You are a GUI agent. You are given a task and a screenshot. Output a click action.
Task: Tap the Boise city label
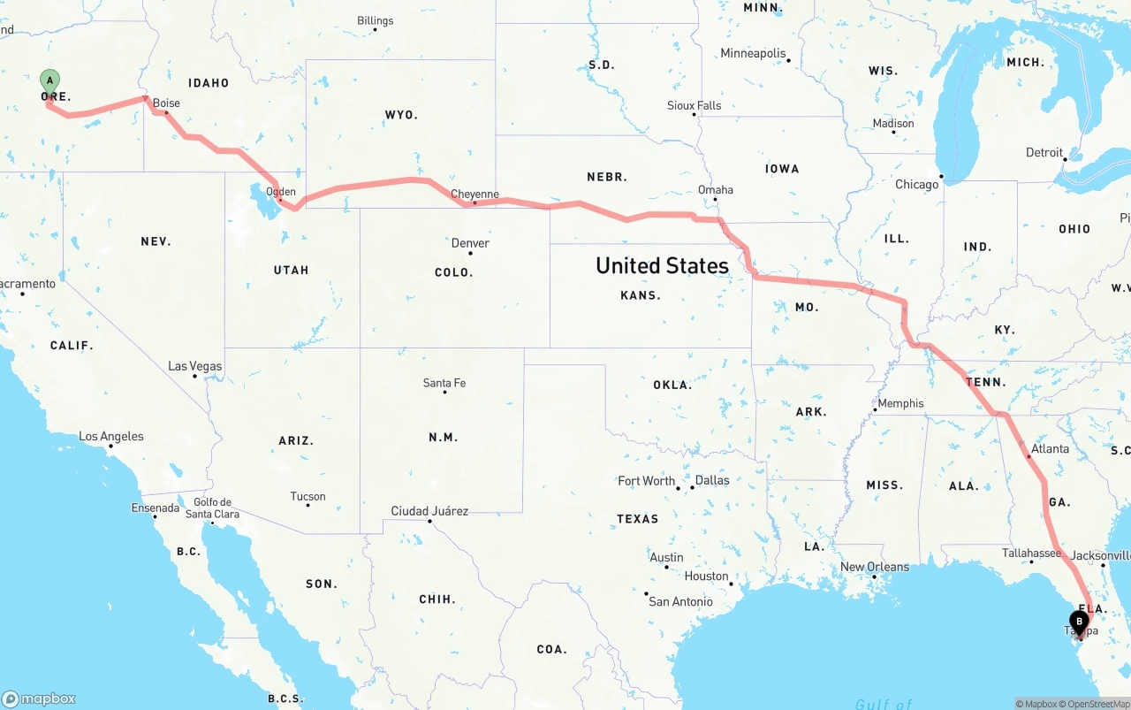(166, 103)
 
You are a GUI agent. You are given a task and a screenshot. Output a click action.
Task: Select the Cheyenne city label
(474, 195)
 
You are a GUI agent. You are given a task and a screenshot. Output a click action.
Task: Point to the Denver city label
(470, 243)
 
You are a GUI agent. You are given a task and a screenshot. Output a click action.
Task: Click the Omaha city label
(715, 190)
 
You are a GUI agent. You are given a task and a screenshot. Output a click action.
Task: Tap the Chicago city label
(916, 185)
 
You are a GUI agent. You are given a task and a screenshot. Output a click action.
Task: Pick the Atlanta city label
(1050, 449)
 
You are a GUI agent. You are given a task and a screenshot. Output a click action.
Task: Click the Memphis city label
(900, 404)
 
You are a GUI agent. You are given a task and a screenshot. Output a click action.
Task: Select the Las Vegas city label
(195, 366)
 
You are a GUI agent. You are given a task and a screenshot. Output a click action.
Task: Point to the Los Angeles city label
(111, 437)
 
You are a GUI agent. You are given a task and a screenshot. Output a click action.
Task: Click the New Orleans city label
(875, 567)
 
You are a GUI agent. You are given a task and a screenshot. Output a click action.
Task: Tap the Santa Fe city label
(444, 383)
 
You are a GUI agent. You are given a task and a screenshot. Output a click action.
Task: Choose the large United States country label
(662, 265)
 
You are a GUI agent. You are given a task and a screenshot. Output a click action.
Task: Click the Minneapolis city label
(753, 54)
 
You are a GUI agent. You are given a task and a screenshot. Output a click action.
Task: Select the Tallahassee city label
(1031, 553)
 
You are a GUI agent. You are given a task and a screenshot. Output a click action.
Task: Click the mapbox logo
(39, 699)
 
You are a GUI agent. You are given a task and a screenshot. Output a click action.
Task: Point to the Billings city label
(376, 20)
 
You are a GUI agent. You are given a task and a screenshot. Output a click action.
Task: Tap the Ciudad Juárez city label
(429, 511)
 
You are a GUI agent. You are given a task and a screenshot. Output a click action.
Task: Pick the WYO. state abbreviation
(400, 115)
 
